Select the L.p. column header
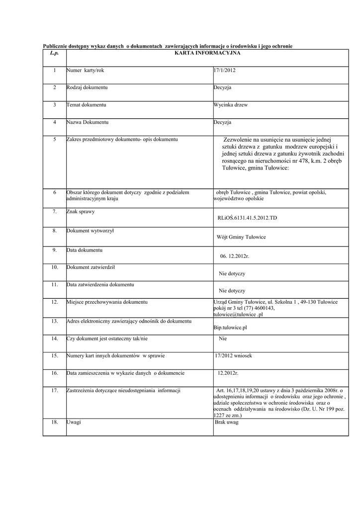(x=54, y=52)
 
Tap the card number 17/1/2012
(x=225, y=70)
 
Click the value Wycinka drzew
(x=230, y=105)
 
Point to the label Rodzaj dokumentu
(x=87, y=87)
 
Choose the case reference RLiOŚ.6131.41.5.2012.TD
(x=247, y=218)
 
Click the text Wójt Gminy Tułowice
(x=242, y=237)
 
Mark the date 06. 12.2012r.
(x=235, y=256)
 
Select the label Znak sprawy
(x=81, y=212)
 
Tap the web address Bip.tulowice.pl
(x=230, y=328)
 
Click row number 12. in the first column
(x=55, y=302)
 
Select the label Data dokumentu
(x=85, y=250)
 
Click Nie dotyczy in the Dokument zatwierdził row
(x=232, y=273)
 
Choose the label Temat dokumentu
(x=87, y=105)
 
